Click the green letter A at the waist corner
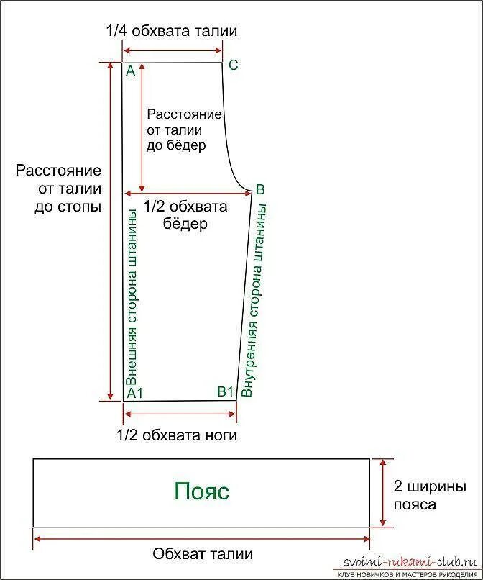130,71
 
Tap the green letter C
233,65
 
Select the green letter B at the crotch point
260,189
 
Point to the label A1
135,393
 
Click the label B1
226,391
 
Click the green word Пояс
201,491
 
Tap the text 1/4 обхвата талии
171,31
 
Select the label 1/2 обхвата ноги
177,435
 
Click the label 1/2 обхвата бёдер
185,214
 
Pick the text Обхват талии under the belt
203,554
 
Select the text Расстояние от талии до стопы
59,189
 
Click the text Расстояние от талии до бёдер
183,130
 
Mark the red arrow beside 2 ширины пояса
383,492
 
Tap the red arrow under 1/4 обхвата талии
172,50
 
